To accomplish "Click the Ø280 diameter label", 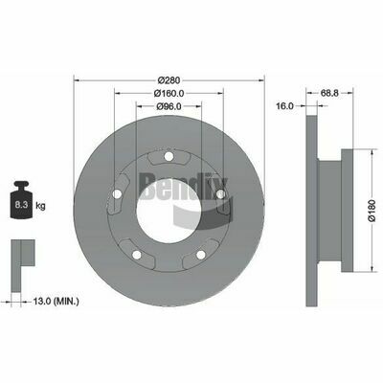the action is tap(169, 79).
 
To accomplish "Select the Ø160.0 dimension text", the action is tap(169, 93).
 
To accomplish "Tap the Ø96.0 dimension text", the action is tap(169, 106).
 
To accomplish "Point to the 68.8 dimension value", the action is tap(329, 93).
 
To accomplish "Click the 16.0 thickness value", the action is tap(285, 106).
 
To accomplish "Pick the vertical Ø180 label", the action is tap(372, 211).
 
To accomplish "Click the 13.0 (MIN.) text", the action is tap(56, 301).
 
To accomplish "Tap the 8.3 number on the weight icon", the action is tap(21, 205).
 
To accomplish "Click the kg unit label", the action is tap(40, 206).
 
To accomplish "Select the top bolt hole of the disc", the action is tap(169, 156).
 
